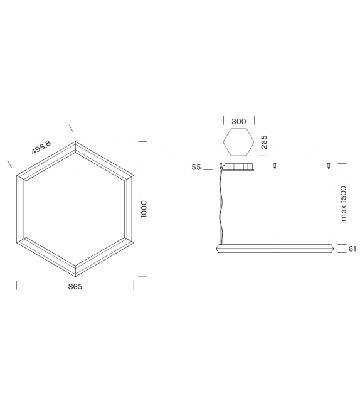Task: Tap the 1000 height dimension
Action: point(144,209)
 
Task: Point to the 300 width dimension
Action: point(238,121)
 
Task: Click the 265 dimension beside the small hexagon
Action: point(265,142)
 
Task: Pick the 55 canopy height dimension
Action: point(196,168)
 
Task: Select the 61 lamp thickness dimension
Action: point(352,249)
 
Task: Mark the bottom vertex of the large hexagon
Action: point(75,276)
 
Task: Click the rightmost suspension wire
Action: point(329,207)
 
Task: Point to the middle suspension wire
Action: point(275,207)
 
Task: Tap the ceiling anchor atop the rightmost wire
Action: point(329,166)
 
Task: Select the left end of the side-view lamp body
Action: point(218,249)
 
